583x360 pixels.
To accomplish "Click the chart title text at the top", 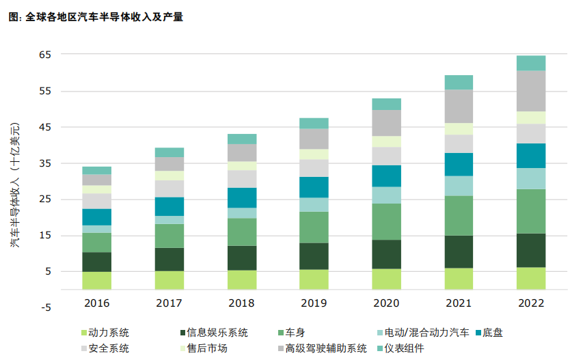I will click(x=96, y=17).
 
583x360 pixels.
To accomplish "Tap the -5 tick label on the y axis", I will click(x=45, y=307).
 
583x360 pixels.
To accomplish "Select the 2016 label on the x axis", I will click(x=96, y=303).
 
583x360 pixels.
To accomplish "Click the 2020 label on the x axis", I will click(x=386, y=303).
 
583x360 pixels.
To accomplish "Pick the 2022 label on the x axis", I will click(x=530, y=303).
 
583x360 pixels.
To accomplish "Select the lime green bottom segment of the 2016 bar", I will click(x=96, y=280).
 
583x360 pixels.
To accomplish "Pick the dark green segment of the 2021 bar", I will click(x=459, y=251).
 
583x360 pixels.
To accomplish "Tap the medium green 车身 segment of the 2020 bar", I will click(x=386, y=221).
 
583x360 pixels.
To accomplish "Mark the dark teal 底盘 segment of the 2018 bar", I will click(x=242, y=197).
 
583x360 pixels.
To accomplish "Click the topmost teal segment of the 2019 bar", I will click(x=314, y=123).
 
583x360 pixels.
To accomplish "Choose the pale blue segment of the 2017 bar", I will click(x=170, y=220).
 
